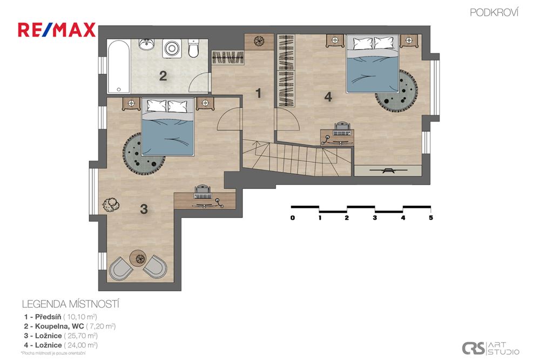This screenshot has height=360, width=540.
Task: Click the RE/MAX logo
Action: point(57,30)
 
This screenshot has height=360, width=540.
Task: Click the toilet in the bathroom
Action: point(193,49)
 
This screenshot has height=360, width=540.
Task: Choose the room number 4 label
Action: point(328,97)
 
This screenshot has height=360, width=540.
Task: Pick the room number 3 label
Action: point(144,209)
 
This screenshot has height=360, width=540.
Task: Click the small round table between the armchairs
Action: point(139,258)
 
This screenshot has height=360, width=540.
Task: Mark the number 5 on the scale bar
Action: point(431,219)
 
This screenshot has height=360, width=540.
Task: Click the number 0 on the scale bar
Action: point(292,219)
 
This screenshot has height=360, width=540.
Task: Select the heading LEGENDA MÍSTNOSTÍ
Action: point(70,304)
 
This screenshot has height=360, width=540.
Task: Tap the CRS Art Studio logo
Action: point(490,348)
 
